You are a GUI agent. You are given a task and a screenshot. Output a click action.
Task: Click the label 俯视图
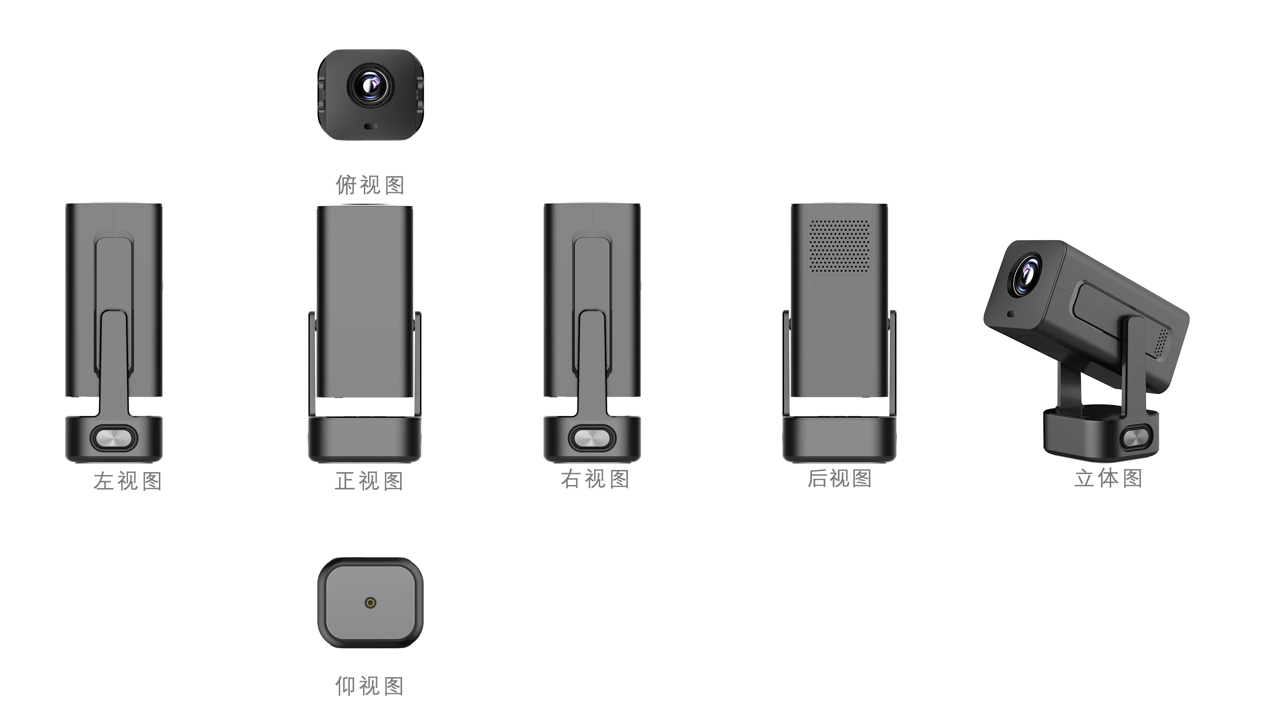370,185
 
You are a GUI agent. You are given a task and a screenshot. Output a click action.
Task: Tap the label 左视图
128,481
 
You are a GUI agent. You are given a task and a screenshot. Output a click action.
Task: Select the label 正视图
369,481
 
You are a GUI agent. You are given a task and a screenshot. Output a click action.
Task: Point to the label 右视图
595,479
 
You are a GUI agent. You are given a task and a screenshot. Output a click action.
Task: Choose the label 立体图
1108,478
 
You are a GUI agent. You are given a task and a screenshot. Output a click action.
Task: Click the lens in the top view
371,88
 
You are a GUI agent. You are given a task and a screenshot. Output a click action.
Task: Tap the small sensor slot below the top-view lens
370,127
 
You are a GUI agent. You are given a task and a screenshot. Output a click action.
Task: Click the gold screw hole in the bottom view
370,603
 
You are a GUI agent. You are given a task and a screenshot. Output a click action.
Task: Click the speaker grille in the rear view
839,246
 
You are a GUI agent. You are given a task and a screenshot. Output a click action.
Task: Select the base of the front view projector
365,440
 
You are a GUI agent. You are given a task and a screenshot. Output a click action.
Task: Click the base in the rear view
839,440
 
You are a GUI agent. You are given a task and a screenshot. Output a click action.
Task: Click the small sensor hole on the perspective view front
1012,314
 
